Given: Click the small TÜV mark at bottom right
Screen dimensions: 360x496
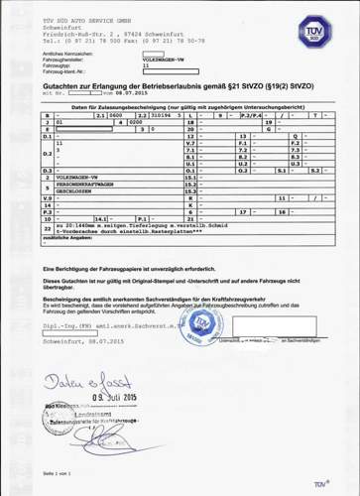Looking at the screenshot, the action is point(320,483).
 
